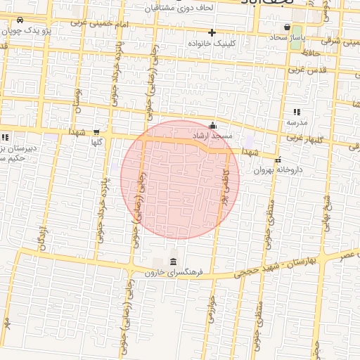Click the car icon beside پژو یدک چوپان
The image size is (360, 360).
click(x=18, y=20)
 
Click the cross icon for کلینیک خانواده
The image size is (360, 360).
click(x=212, y=32)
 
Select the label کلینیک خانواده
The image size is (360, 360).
click(x=211, y=43)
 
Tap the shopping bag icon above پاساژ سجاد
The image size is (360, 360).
click(x=288, y=26)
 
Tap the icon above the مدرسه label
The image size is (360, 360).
click(x=296, y=112)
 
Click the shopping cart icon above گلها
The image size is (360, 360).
click(x=96, y=132)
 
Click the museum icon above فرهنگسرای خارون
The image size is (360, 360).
click(x=173, y=262)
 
